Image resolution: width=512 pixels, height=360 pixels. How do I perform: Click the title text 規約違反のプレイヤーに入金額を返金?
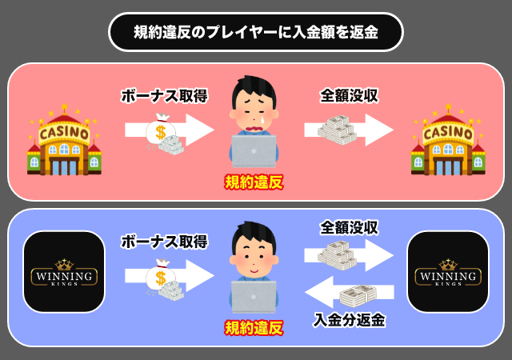256,32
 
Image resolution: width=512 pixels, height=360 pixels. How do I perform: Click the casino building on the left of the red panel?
65,144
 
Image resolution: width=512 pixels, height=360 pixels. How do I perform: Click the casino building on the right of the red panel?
447,144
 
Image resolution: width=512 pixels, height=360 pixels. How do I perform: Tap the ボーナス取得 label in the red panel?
164,96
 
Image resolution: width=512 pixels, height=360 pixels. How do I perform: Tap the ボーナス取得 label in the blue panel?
164,240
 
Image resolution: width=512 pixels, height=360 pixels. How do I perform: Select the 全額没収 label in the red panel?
349,96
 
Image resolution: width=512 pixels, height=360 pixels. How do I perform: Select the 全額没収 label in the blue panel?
349,227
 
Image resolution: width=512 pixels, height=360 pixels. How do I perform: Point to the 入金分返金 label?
349,320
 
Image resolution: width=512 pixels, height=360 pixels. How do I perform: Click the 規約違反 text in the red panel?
254,183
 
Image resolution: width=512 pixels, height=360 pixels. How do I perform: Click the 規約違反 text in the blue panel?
254,327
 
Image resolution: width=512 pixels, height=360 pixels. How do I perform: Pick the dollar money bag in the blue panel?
161,278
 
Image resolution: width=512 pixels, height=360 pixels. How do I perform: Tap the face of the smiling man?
254,254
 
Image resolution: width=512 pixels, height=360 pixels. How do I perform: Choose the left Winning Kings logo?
65,272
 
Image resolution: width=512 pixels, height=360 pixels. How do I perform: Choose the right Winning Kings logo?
447,272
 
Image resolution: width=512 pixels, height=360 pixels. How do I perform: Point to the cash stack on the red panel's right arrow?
336,130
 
